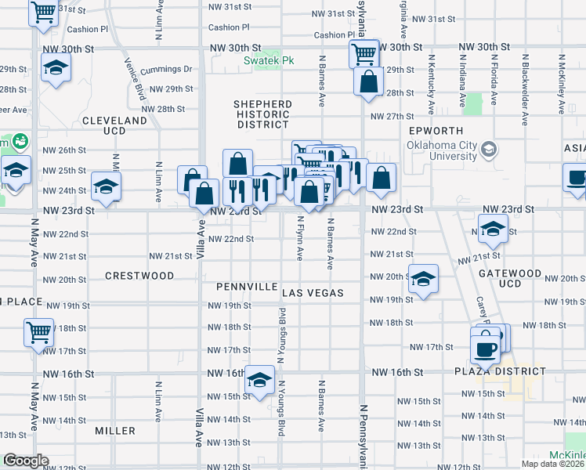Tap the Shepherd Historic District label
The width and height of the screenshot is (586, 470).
262,114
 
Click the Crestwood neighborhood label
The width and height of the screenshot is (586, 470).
139,276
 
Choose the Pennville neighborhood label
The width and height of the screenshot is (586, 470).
246,287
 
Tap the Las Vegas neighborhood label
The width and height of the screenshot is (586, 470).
313,293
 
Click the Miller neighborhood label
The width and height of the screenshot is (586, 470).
115,431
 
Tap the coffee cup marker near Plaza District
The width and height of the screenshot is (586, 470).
486,345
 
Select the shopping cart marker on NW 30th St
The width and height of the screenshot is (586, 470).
364,54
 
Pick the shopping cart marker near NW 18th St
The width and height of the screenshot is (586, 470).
38,331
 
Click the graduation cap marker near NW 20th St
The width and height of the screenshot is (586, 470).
423,279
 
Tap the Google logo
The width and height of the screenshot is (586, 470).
26,461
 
